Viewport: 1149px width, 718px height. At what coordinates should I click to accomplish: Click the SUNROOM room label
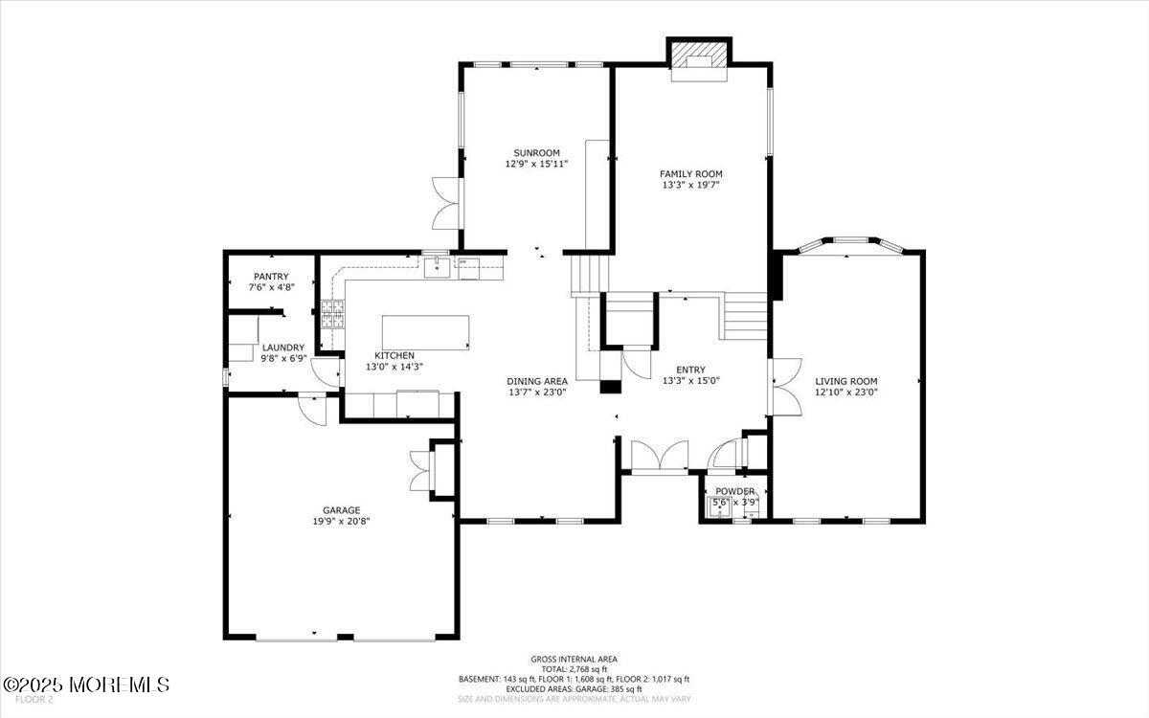coord(536,153)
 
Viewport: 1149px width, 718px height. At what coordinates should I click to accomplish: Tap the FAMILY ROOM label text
coord(690,174)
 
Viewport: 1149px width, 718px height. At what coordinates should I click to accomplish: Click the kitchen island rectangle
coord(426,332)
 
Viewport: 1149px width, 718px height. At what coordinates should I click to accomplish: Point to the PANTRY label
coord(271,277)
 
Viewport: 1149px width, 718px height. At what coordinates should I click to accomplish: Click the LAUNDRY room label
coord(283,348)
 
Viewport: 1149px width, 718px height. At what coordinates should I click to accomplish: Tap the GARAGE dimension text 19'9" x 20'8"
coord(341,522)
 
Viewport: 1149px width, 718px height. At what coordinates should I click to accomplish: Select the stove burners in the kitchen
coord(332,315)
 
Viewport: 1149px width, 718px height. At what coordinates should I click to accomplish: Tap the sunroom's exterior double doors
coord(446,203)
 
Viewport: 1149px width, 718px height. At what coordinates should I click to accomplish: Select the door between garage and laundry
coord(312,409)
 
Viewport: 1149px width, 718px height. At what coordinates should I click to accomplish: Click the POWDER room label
coord(734,491)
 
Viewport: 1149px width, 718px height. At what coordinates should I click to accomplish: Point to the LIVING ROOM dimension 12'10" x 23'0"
coord(845,393)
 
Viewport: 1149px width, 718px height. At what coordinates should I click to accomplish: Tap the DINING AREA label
coord(537,380)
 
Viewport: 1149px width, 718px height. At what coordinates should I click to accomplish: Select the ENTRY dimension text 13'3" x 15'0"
coord(690,380)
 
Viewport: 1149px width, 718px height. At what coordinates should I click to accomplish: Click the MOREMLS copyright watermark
coord(86,684)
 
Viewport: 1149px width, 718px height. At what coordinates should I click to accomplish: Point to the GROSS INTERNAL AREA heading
coord(574,659)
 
